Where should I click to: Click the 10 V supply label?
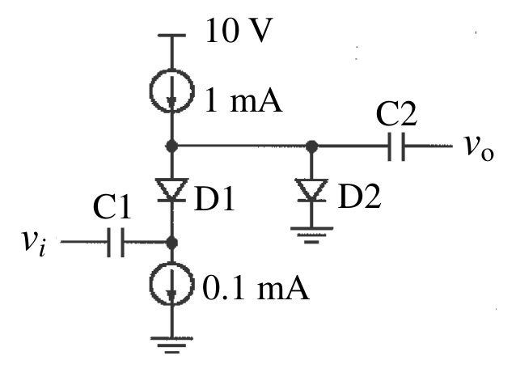[239, 30]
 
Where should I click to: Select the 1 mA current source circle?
[150, 91]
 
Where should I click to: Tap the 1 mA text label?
[243, 100]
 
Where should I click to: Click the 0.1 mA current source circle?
[150, 284]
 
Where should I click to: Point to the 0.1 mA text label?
[256, 288]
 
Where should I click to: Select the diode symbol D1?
[171, 190]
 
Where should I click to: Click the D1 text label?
[214, 198]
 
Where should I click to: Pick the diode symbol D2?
[311, 190]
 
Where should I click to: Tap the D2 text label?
[360, 196]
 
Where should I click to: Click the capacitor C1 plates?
[116, 242]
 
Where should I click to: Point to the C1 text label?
[112, 206]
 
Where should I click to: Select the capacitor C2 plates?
[396, 146]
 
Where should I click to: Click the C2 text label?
[396, 113]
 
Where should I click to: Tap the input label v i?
[33, 243]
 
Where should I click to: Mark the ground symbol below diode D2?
[311, 235]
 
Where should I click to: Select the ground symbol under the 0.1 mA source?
[171, 345]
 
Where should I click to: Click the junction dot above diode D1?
[171, 146]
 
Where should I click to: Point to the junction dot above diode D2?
[311, 146]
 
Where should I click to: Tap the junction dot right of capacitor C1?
[171, 243]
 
